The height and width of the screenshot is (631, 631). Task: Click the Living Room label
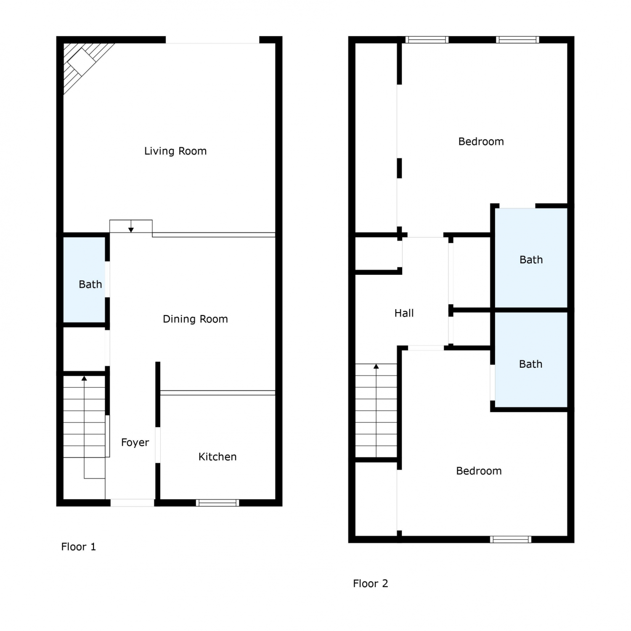[175, 151]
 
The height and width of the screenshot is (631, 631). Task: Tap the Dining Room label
[195, 319]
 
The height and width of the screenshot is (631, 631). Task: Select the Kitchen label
[217, 457]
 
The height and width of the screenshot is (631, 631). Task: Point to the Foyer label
[135, 443]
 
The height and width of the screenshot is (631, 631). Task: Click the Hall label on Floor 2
[404, 313]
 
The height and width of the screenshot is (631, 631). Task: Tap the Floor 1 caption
[79, 547]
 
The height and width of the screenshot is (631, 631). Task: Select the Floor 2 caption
[371, 583]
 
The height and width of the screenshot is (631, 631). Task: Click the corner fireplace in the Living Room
[84, 63]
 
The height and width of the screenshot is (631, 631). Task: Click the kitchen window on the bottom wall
[217, 502]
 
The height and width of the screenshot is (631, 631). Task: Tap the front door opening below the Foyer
[132, 502]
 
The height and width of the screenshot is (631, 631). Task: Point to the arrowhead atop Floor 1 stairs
[84, 378]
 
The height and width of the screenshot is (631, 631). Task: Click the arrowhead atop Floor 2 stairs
[376, 366]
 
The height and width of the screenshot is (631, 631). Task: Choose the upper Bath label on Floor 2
[531, 260]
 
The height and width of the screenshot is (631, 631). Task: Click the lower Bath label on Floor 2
[530, 364]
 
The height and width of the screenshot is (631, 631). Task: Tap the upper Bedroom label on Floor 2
[481, 142]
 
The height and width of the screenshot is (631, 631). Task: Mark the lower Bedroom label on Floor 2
[479, 471]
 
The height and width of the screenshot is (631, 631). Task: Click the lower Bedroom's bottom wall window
[511, 539]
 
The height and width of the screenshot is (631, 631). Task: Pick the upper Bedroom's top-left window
[427, 40]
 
